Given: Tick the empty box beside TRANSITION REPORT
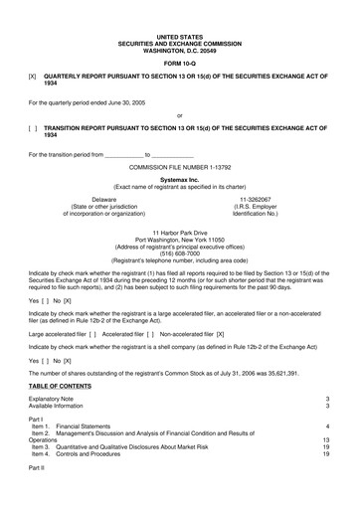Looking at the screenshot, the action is [x=33, y=127].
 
